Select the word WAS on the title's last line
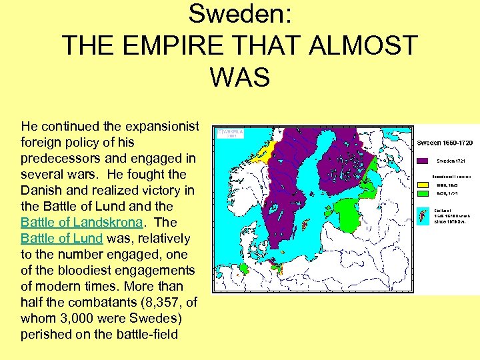(x=239, y=77)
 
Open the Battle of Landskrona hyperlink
(x=81, y=222)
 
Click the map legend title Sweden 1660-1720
(x=445, y=143)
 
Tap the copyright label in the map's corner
(x=229, y=133)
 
